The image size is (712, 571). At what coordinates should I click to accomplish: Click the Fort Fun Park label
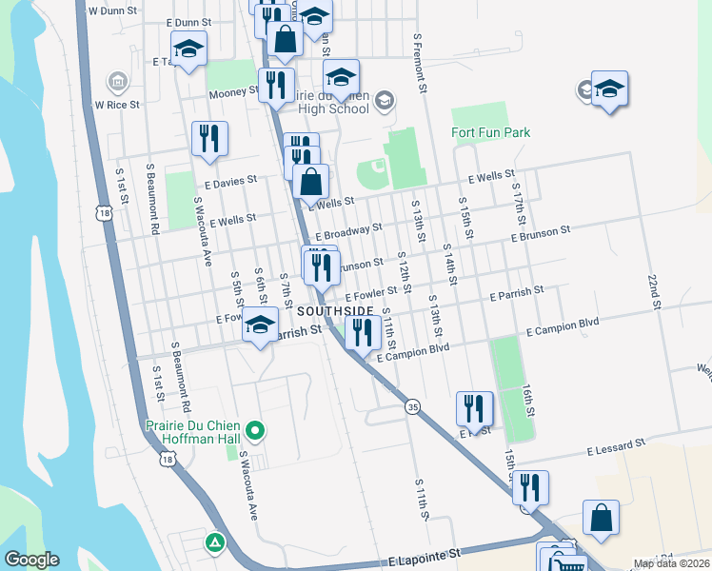click(490, 132)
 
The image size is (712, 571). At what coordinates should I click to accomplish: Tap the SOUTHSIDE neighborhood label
click(334, 312)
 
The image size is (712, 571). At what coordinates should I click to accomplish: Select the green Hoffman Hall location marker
click(254, 431)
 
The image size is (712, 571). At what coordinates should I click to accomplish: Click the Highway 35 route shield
click(412, 406)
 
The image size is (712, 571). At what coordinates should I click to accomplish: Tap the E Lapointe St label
click(425, 552)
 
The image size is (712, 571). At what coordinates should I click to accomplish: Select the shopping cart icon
click(567, 565)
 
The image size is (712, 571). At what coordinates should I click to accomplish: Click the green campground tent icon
click(215, 543)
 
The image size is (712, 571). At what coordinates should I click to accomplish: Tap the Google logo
click(31, 560)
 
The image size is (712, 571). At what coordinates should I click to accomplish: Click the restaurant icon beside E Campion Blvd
click(362, 332)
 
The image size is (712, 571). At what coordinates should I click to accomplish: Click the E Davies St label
click(230, 179)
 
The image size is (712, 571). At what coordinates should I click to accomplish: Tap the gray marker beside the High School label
click(384, 100)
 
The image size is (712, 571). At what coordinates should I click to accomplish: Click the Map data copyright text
click(669, 563)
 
